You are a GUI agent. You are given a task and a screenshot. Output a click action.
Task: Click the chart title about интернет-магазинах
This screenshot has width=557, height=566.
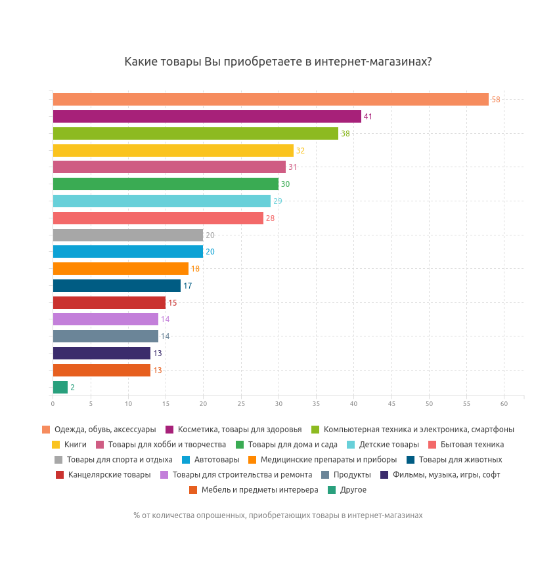[x=278, y=62]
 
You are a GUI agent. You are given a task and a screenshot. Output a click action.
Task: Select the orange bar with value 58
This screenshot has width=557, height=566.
[x=271, y=100]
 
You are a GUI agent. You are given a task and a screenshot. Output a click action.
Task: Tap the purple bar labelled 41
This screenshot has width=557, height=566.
[x=207, y=117]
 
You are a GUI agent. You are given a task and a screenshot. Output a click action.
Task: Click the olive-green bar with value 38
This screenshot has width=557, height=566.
[x=195, y=134]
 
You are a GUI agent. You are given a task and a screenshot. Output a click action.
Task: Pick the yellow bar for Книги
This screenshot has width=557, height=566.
[x=173, y=151]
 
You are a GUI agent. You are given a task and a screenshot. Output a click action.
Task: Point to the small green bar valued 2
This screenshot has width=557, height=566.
[x=60, y=388]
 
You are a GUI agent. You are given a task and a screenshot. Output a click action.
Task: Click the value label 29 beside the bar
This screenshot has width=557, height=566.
[x=278, y=201]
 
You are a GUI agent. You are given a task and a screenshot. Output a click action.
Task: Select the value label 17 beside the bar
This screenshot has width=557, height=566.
[x=188, y=286]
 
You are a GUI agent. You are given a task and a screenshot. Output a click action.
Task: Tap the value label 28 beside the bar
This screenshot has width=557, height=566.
[x=270, y=218]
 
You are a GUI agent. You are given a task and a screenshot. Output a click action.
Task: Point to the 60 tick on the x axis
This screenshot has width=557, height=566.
[x=504, y=403]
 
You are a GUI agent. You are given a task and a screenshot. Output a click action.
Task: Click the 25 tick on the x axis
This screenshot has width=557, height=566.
[x=241, y=403]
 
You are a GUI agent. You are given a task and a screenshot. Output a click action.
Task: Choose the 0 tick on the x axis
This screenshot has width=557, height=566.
[x=53, y=403]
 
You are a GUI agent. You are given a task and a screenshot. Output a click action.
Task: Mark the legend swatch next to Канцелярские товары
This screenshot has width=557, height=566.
[x=60, y=475]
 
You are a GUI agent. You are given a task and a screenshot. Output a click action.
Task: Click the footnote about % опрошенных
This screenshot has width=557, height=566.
[x=278, y=515]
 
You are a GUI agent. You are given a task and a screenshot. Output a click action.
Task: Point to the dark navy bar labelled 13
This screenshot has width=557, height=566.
[x=101, y=354]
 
